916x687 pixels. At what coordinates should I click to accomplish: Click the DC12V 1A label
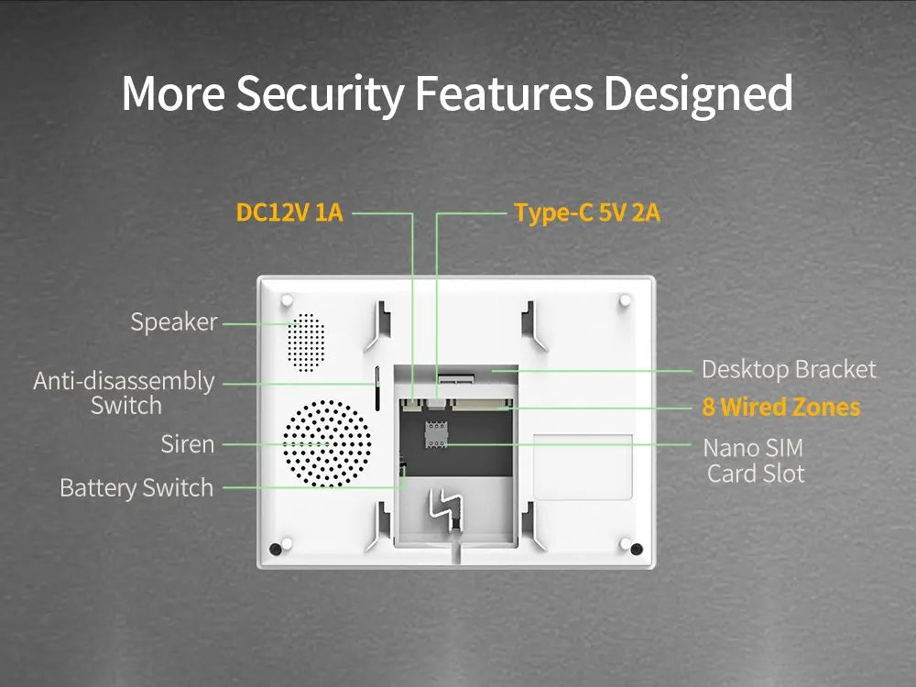pos(289,213)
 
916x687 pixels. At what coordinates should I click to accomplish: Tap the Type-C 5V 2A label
pos(587,213)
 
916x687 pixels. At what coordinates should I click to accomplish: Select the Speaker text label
pos(174,322)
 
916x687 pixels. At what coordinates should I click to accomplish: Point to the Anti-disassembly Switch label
pos(125,393)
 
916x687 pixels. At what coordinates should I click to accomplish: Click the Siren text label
pos(188,444)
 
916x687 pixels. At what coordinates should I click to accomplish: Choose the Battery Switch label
pos(136,487)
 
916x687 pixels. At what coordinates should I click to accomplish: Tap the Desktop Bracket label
pos(789,369)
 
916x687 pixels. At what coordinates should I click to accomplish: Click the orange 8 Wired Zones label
pos(781,407)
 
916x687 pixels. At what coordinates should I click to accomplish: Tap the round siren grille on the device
pos(327,443)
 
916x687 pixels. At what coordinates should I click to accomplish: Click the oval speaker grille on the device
pos(306,343)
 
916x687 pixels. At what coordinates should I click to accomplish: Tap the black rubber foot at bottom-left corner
pos(276,549)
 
